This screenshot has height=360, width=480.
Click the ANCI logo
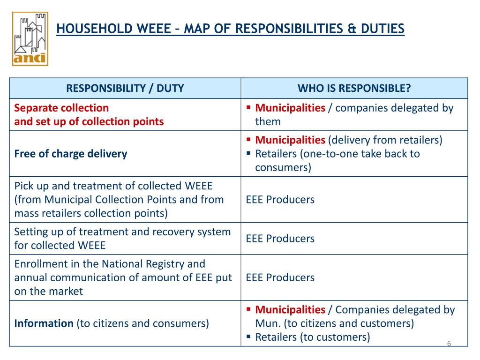click(30, 38)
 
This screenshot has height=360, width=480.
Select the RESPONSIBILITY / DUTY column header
click(125, 88)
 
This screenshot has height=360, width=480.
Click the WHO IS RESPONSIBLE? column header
click(354, 88)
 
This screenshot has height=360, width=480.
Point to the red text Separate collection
click(61, 108)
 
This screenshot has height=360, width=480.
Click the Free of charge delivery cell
click(71, 154)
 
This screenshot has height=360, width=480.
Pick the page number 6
click(449, 344)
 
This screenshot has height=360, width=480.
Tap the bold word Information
click(44, 323)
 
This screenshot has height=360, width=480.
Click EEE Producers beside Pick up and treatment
click(280, 200)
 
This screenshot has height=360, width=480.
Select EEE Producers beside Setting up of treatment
click(280, 239)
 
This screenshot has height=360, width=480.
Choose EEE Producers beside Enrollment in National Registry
click(280, 277)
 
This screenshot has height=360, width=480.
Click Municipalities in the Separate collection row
click(290, 108)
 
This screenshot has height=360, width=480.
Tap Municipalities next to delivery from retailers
click(290, 140)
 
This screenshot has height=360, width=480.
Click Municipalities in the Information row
click(290, 309)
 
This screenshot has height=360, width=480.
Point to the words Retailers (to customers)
click(313, 337)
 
